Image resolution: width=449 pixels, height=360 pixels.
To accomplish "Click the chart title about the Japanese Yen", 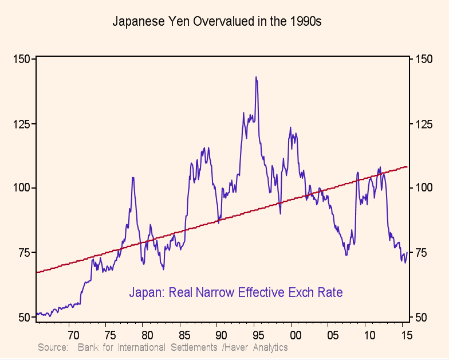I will pos(217,22).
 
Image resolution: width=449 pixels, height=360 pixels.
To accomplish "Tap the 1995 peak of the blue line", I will pos(256,77).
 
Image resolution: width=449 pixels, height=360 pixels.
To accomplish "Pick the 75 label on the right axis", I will pos(422,253).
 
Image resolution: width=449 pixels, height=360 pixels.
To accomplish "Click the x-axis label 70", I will pos(72,334).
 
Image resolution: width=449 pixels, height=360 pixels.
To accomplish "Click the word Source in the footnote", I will pos(53,347).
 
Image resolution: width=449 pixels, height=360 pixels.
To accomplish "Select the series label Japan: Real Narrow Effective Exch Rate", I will pos(235,292).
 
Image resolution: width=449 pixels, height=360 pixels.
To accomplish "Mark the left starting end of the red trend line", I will pos(37,272).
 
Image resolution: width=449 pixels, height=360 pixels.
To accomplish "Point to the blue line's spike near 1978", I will pos(133,178).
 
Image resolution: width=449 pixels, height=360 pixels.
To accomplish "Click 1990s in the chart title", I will pos(305,22).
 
